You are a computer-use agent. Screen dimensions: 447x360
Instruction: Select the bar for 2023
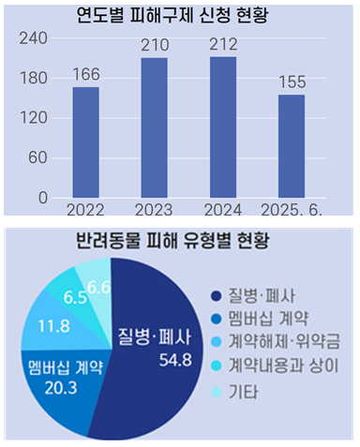[154, 127]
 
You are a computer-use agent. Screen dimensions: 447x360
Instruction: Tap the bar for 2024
[222, 127]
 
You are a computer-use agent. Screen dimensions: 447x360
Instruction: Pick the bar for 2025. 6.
[291, 146]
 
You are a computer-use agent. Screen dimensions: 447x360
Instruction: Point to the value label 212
[222, 44]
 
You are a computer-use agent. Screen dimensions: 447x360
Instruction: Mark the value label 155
[291, 82]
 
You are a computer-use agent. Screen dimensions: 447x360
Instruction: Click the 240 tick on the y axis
[33, 38]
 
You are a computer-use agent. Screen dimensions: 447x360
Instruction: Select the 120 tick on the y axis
[33, 118]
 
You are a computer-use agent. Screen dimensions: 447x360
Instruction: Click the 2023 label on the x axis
[154, 207]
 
